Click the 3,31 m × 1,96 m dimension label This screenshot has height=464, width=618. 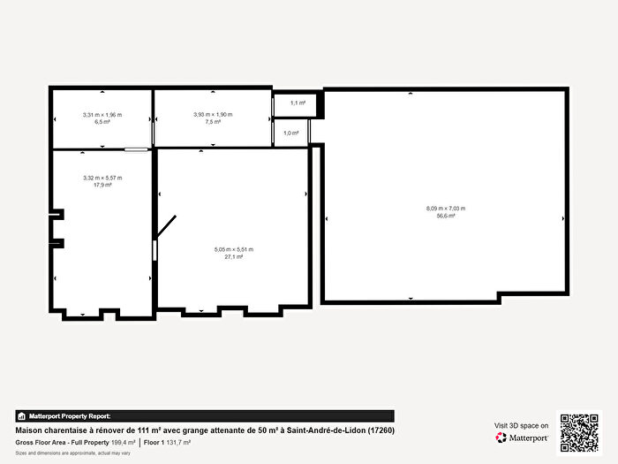(x=102, y=115)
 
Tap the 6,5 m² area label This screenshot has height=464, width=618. (x=102, y=122)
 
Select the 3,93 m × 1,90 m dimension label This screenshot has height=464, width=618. (x=213, y=115)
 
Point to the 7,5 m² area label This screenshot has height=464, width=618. (x=213, y=122)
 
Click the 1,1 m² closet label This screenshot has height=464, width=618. (x=298, y=103)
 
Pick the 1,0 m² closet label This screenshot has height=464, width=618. (x=290, y=133)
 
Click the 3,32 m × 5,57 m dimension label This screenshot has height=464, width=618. (x=102, y=179)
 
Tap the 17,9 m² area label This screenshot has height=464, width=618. (x=102, y=186)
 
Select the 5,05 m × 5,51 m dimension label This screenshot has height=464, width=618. (x=234, y=250)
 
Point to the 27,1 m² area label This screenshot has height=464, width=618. (x=234, y=257)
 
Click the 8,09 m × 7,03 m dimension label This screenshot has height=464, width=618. (x=445, y=209)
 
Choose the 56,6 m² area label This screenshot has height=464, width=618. (x=445, y=216)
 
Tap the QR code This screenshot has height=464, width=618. (x=579, y=432)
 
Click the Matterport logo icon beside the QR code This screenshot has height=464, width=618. (x=501, y=437)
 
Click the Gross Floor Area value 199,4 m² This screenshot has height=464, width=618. (x=123, y=442)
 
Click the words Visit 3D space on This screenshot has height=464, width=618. (x=522, y=426)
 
